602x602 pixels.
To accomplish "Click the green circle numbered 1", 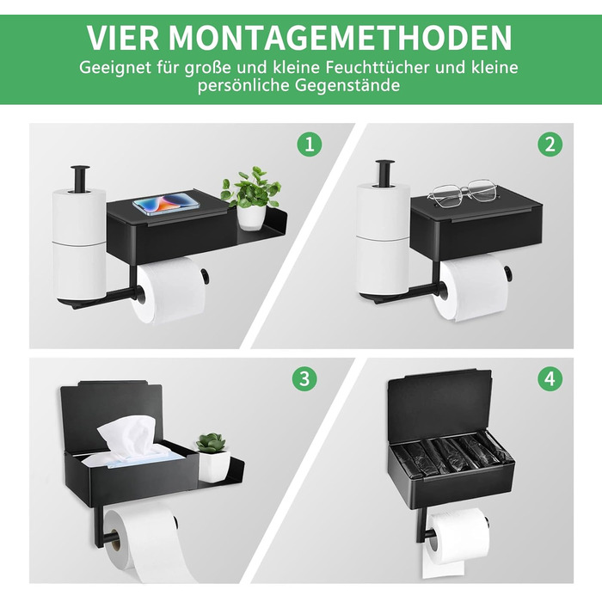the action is coord(310,144).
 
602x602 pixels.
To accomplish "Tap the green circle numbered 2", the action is coord(550,144).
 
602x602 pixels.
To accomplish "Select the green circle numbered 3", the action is coord(304,378).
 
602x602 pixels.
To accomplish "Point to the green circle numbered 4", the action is coord(550,378).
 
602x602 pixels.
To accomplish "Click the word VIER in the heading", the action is coord(122,37).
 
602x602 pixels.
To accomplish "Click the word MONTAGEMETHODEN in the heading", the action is coord(341,37).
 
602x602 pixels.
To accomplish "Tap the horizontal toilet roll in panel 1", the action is coord(169,290).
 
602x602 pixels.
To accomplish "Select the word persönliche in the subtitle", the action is coord(243,86).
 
